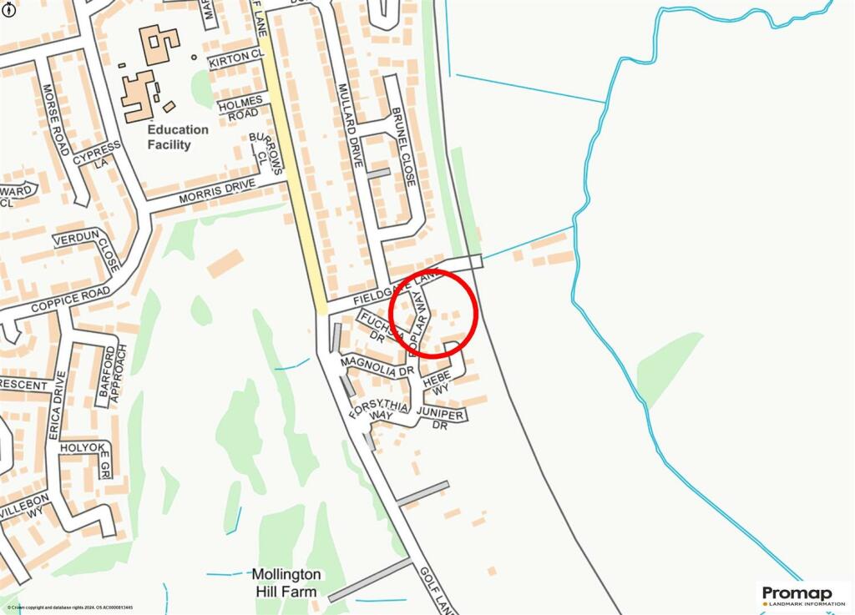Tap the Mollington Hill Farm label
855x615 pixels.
point(286,583)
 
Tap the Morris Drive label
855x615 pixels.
point(216,193)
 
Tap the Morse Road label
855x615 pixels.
point(54,119)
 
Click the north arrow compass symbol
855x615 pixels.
point(9,11)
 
